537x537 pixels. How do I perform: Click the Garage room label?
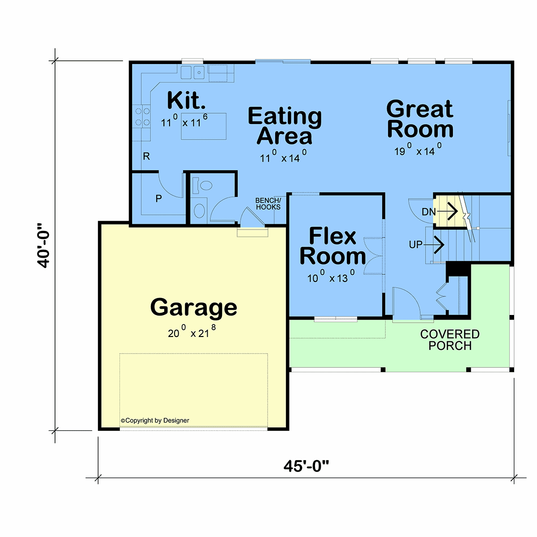pos(193,308)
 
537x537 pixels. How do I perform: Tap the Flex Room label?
pos(332,246)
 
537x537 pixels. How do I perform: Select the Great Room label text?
pos(420,119)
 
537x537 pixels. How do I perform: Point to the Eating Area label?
pos(285,126)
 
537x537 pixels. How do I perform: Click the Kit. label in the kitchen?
pos(186,100)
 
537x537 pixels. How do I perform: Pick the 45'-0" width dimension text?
pos(306,466)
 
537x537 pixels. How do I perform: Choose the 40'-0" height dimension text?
pos(43,245)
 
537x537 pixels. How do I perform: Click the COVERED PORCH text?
pos(450,340)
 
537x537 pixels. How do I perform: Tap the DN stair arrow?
pos(447,212)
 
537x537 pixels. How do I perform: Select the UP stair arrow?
pos(434,245)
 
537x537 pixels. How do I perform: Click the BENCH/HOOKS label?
pos(268,204)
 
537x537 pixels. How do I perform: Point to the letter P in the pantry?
pos(158,198)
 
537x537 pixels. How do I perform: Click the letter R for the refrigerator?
pos(146,156)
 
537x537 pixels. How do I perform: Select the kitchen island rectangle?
pos(204,126)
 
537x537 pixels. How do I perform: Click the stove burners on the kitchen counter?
pos(142,116)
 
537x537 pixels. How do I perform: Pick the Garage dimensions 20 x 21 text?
pos(192,332)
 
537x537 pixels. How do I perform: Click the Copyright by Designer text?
pos(155,421)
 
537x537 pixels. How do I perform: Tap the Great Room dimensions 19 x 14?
pos(418,149)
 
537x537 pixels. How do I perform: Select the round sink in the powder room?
pos(199,210)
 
